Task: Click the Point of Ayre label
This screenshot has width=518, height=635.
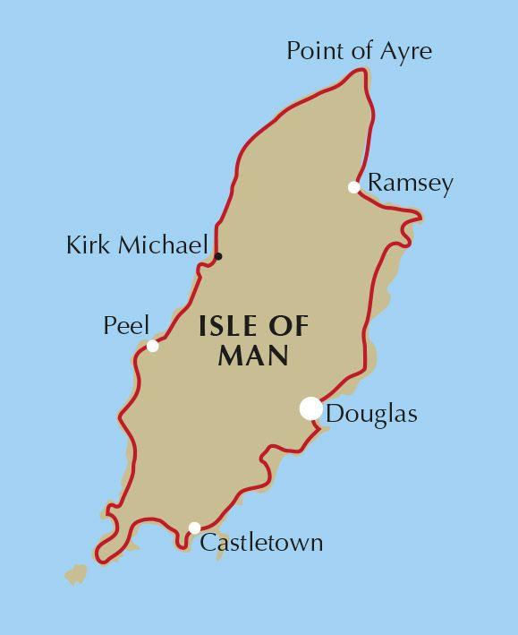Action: [x=359, y=51]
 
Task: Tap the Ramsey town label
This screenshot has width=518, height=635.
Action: [x=411, y=184]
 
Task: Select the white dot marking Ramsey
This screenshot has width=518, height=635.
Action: [x=354, y=187]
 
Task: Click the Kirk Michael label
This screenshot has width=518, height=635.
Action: [x=137, y=245]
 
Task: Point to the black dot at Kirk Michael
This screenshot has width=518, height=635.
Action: [x=218, y=257]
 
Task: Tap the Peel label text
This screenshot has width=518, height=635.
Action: [x=126, y=325]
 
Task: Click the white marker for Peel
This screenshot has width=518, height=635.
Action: [x=153, y=346]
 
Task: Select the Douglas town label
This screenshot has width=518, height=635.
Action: [x=371, y=415]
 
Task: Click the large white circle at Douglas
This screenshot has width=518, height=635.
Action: [x=310, y=408]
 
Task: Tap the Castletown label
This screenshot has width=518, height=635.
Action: [x=261, y=543]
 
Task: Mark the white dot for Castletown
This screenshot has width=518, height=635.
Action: [x=194, y=528]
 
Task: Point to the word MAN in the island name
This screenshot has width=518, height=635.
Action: [x=253, y=356]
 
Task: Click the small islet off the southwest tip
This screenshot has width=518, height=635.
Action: [x=75, y=574]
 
